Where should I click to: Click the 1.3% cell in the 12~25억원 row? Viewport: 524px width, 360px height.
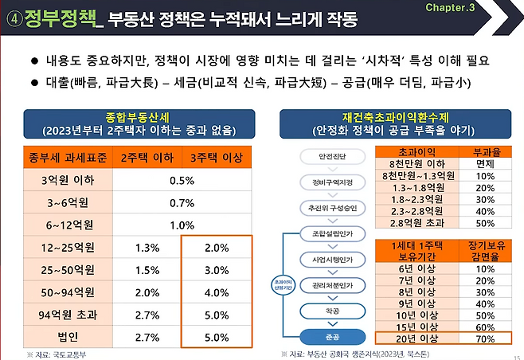(148, 247)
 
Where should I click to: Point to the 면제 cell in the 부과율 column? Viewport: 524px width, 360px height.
(486, 163)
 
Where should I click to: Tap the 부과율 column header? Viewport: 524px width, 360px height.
(486, 151)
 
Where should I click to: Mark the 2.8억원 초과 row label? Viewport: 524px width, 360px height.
(418, 223)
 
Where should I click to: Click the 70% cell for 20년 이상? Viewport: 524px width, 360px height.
(486, 338)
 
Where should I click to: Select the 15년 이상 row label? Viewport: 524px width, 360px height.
(418, 326)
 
